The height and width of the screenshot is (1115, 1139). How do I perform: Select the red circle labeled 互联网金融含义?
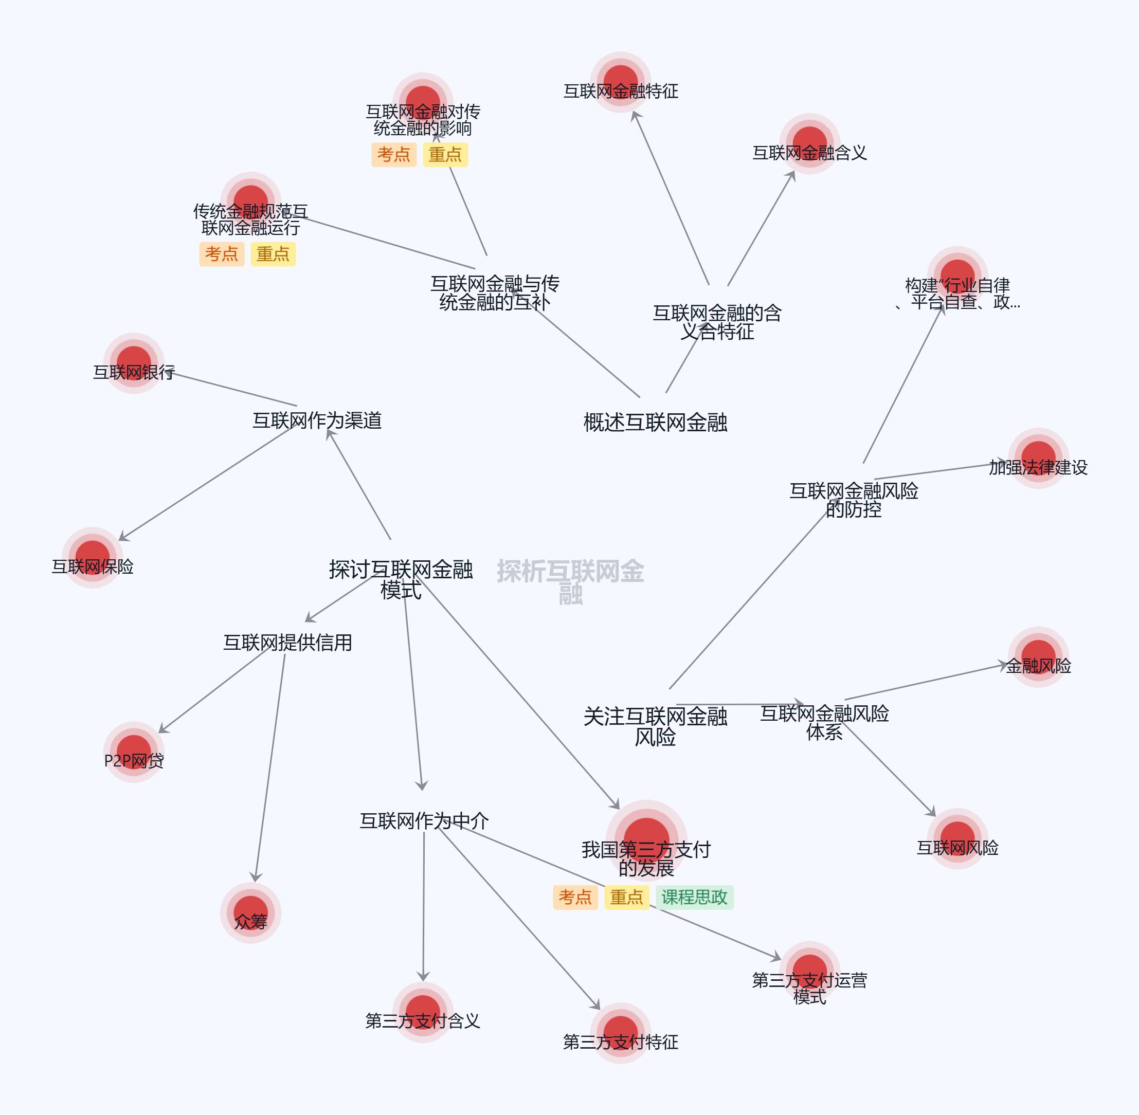tap(809, 143)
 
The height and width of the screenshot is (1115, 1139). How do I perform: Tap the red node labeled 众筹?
tap(251, 912)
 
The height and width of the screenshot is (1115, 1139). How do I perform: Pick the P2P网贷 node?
tap(134, 752)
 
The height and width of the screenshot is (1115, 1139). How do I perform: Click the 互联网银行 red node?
tap(134, 362)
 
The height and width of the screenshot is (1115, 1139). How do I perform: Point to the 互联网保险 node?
tap(93, 557)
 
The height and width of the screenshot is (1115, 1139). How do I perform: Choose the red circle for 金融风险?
tap(1038, 656)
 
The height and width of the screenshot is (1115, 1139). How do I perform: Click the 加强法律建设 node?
tap(1038, 458)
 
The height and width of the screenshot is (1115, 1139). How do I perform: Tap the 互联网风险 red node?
tap(957, 838)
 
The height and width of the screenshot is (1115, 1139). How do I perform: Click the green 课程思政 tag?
tap(694, 897)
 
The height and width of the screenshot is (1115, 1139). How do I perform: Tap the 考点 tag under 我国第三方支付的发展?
tap(575, 897)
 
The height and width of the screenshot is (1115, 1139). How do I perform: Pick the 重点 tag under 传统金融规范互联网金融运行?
tap(273, 254)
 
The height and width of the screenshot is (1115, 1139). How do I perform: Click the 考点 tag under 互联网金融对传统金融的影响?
tap(394, 155)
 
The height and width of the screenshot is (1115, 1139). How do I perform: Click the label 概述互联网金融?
tap(655, 422)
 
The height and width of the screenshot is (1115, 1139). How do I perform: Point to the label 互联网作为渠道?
tap(317, 421)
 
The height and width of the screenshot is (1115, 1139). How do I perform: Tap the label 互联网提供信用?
tap(287, 643)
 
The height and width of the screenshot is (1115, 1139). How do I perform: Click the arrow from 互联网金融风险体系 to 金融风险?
tap(926, 682)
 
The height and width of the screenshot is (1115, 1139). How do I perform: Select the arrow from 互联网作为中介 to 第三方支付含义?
tap(424, 908)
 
